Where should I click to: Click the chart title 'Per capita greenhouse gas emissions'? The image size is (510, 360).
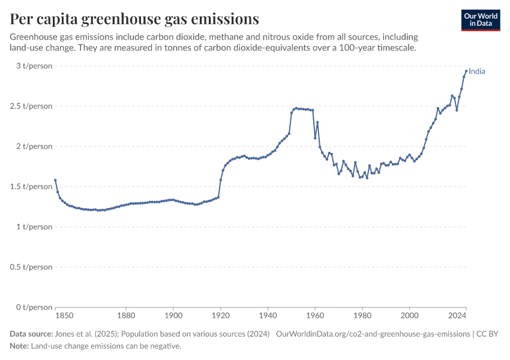(134, 19)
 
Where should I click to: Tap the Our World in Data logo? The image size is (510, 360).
(481, 20)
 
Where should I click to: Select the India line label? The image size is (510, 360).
(477, 71)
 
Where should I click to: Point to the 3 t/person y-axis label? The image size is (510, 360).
(34, 65)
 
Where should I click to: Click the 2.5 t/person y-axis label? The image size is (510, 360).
(31, 106)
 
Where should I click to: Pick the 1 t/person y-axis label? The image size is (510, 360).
(34, 227)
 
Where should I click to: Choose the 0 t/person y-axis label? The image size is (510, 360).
(34, 307)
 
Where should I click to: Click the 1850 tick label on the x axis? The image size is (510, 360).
(64, 316)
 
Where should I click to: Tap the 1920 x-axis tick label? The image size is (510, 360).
(221, 316)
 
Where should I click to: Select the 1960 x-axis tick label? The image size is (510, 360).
(315, 316)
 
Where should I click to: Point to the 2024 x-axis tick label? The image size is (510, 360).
(457, 316)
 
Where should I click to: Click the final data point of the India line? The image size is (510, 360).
(466, 71)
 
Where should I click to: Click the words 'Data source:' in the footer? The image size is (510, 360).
(31, 334)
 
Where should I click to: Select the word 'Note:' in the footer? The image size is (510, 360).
(20, 346)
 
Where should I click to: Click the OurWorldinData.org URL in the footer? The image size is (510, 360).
(373, 334)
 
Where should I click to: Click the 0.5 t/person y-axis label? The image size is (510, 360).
(31, 267)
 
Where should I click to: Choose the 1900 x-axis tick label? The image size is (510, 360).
(173, 316)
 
